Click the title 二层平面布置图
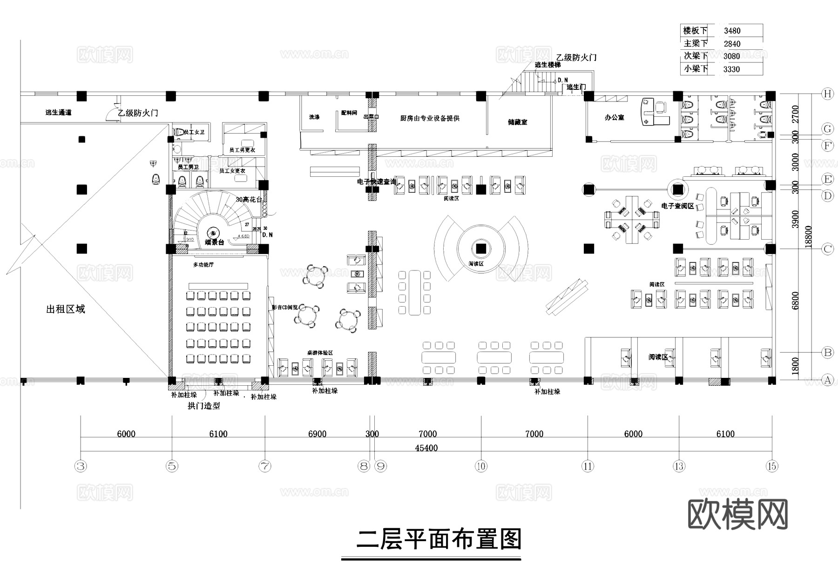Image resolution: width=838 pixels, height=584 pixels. tap(439, 540)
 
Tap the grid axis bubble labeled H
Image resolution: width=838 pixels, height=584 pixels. tap(827, 94)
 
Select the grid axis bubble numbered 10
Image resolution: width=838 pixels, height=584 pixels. tap(480, 466)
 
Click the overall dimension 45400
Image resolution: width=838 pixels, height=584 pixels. tap(426, 448)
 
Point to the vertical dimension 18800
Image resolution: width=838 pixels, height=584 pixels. tap(809, 236)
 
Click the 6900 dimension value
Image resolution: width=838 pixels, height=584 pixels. tap(317, 434)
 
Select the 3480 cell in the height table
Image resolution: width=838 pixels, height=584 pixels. tap(732, 31)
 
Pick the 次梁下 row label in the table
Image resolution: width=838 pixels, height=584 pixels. tap(695, 56)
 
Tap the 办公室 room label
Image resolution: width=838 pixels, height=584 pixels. tap(614, 118)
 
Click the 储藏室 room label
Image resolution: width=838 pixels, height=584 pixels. tap(517, 122)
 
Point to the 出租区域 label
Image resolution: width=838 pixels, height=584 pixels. tap(66, 309)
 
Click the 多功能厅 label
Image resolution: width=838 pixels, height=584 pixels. tap(203, 265)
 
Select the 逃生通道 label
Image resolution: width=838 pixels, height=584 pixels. tap(59, 113)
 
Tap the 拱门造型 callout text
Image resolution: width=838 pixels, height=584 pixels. tap(203, 406)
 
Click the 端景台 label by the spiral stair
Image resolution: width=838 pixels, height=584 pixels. tap(214, 242)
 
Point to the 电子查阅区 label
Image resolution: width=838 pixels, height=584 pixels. tap(677, 206)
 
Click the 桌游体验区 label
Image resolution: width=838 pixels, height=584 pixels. tap(320, 353)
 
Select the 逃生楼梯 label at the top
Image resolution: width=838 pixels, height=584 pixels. tap(547, 65)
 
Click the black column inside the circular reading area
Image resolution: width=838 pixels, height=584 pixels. tap(481, 248)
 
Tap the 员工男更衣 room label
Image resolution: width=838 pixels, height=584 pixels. tap(242, 150)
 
